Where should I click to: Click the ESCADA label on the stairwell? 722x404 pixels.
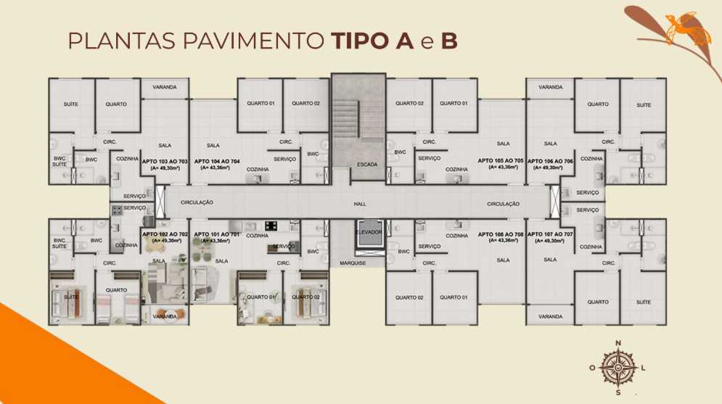366,165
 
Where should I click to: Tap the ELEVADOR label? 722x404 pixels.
369,231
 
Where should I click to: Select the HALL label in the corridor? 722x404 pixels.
360,205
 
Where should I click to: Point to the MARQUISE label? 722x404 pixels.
353,263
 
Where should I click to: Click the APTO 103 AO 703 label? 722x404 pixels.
165,161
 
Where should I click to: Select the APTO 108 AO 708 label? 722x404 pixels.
501,234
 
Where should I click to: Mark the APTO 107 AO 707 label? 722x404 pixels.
550,234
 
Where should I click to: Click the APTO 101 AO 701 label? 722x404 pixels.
217,234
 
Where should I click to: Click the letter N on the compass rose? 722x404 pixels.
618,343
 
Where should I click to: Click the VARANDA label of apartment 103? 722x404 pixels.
165,87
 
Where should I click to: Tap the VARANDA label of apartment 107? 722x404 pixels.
550,316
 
